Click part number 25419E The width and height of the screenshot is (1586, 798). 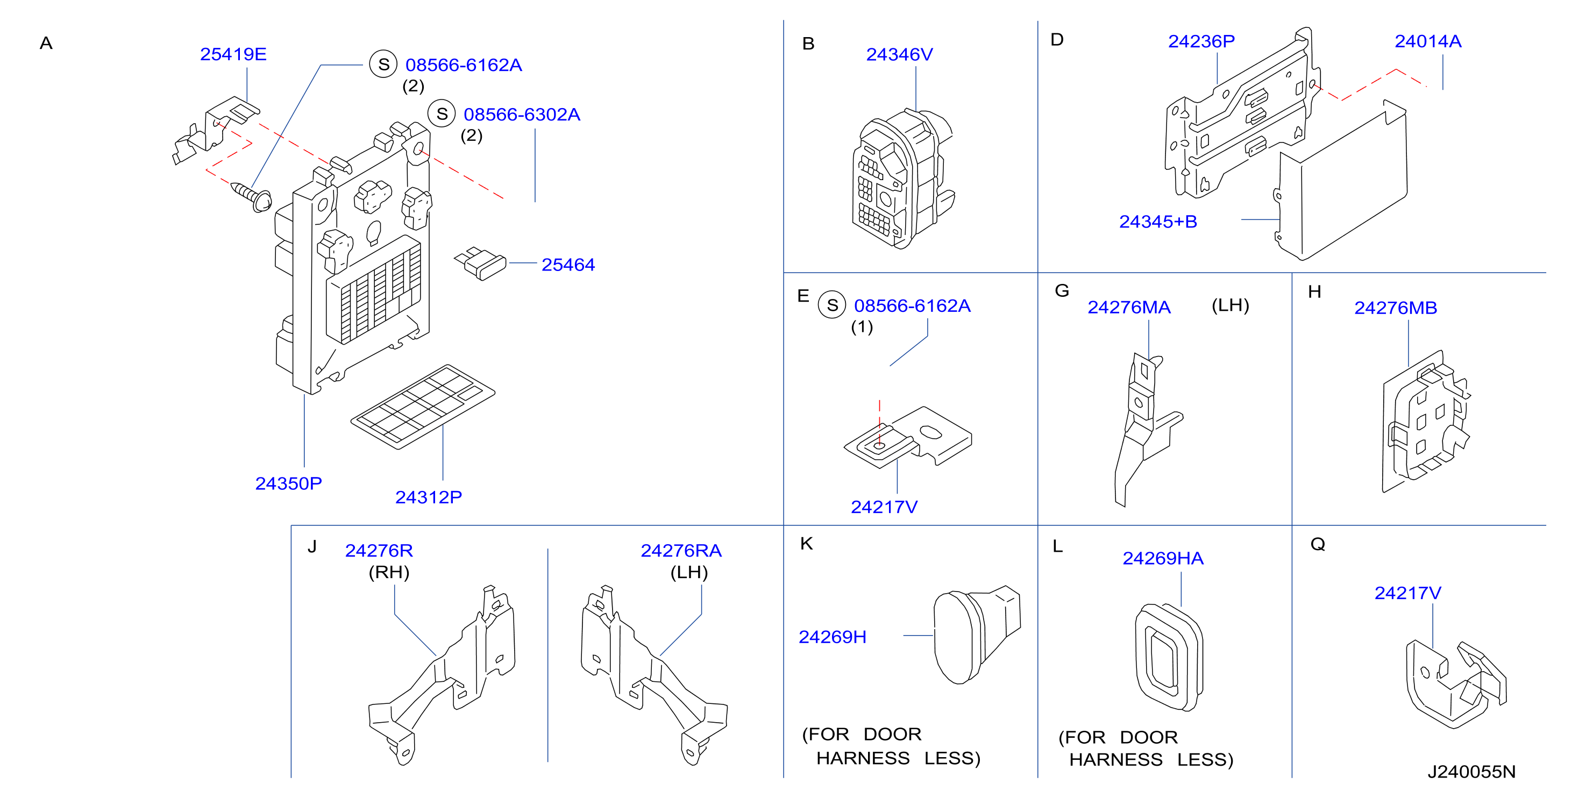point(233,54)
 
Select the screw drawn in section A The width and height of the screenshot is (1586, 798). point(251,196)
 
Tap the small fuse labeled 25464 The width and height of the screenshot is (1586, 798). point(481,263)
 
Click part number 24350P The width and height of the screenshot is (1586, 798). point(289,483)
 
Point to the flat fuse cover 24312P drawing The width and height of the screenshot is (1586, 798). point(423,407)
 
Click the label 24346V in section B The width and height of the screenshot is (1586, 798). point(900,54)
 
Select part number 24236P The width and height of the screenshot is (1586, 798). point(1201,41)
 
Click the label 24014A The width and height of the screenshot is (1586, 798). point(1428,41)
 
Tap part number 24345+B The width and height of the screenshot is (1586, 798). point(1158,222)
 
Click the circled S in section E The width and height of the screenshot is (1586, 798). point(833,305)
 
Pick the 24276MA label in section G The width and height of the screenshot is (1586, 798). point(1129,307)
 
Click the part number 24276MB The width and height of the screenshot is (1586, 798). point(1396,308)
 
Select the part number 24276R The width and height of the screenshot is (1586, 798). point(379,551)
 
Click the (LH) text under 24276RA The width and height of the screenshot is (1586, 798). point(689,572)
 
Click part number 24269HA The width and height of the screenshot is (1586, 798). point(1163,559)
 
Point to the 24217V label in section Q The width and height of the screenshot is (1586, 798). point(1408,593)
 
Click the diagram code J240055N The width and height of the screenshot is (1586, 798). point(1471,772)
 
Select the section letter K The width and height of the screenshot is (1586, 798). point(807,543)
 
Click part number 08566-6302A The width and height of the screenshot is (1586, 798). point(522,115)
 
